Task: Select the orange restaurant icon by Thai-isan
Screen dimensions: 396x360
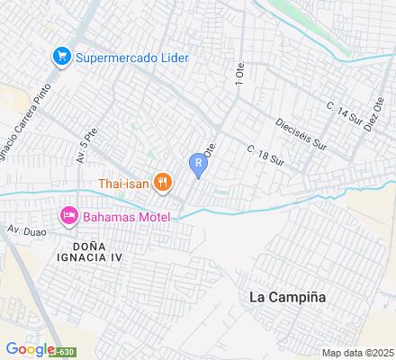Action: [163, 183]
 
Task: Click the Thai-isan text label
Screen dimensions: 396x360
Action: [124, 184]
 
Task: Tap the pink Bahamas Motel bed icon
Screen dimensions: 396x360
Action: [68, 215]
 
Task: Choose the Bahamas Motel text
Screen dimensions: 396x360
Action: [126, 216]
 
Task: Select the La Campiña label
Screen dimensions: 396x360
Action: [288, 296]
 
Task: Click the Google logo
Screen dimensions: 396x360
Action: [28, 348]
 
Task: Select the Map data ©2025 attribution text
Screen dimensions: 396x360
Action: [358, 352]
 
